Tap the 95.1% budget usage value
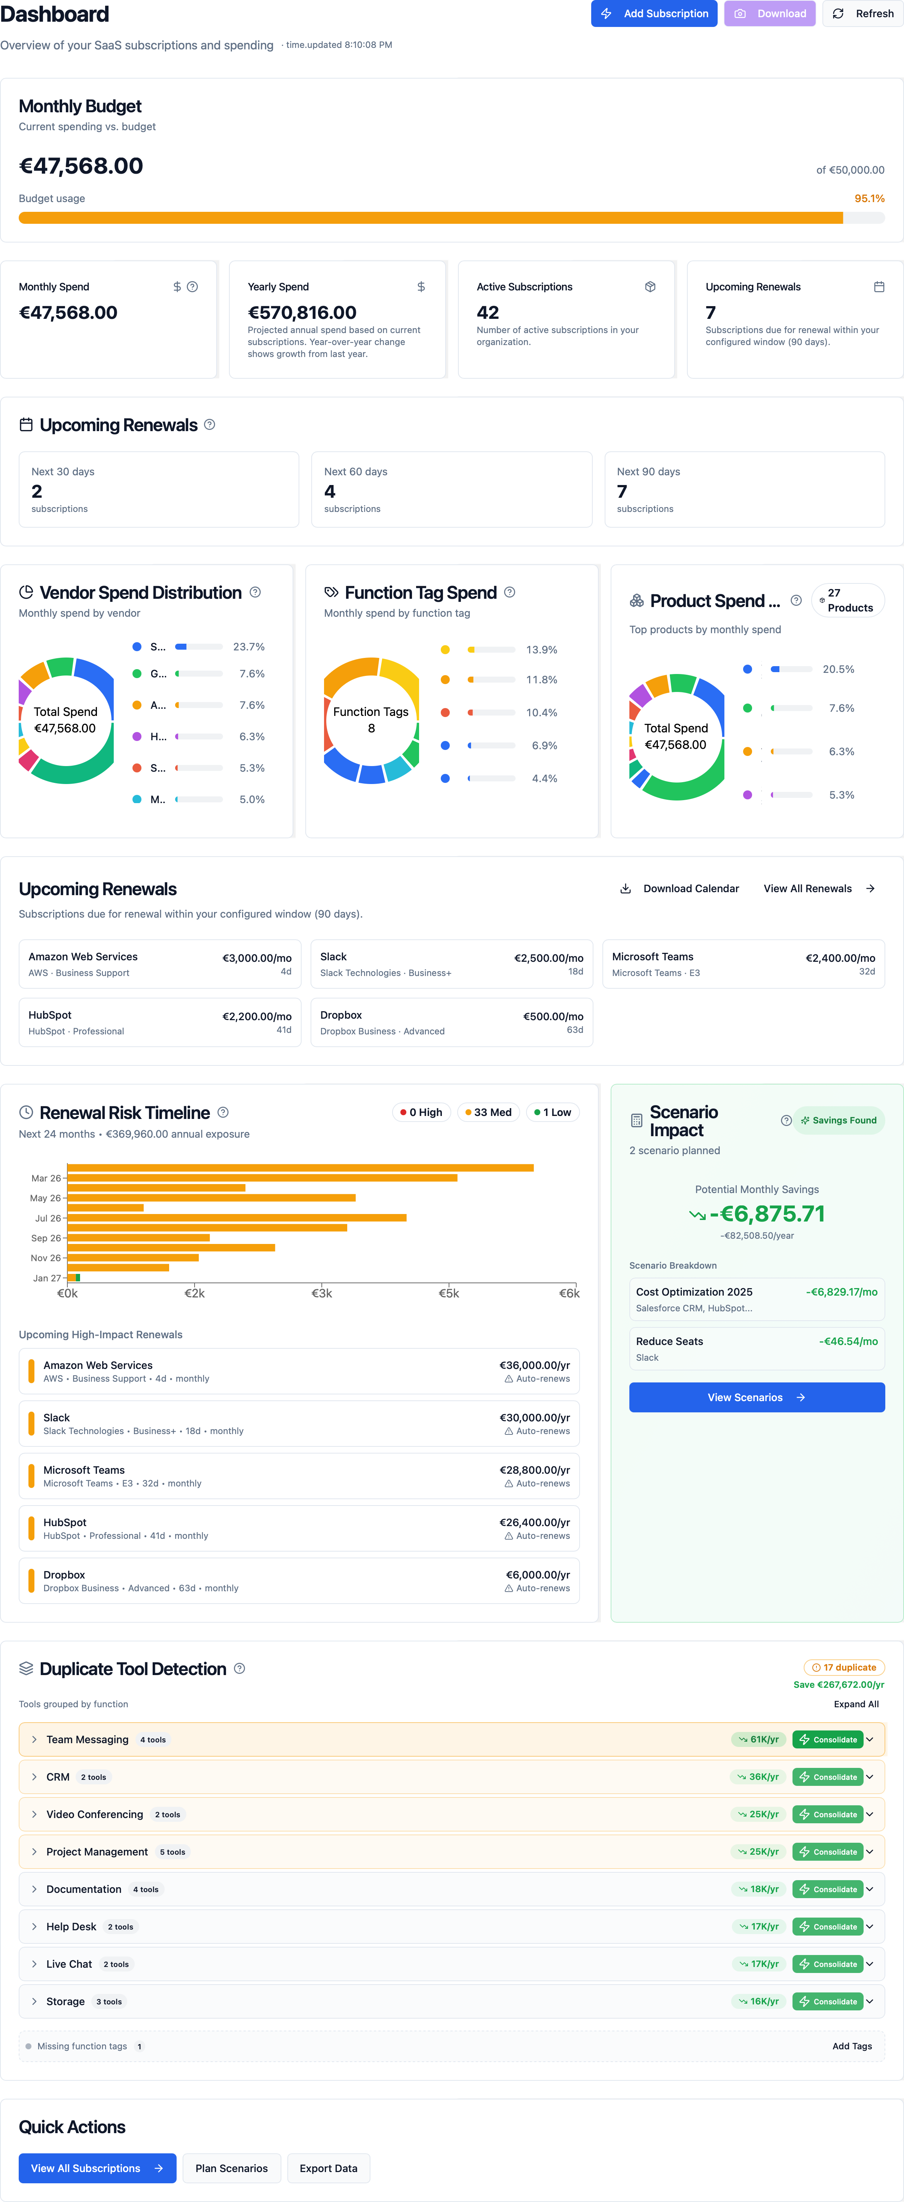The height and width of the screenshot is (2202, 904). [x=869, y=198]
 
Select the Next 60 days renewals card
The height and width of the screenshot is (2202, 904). [x=451, y=490]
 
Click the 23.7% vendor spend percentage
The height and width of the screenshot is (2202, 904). [x=249, y=647]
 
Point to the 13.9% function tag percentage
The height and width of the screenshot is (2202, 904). [x=542, y=650]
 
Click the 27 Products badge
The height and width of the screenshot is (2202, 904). [x=847, y=600]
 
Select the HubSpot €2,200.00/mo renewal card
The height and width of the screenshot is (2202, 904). [x=160, y=1022]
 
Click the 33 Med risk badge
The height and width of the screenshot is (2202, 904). [x=489, y=1112]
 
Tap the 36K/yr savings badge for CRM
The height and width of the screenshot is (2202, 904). [x=758, y=1777]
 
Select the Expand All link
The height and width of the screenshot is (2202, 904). [x=855, y=1705]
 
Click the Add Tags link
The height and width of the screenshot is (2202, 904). [x=852, y=2046]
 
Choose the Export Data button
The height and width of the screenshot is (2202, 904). [x=328, y=2169]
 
